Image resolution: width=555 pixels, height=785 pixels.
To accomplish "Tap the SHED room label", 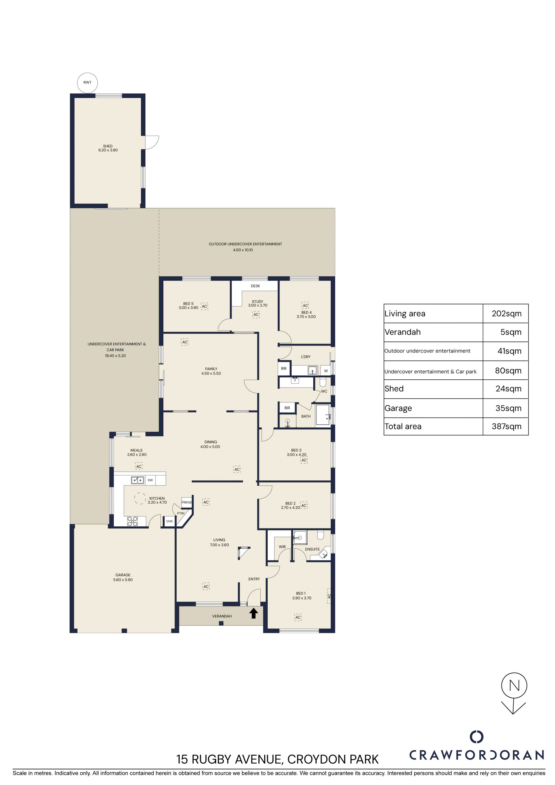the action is coord(108,146).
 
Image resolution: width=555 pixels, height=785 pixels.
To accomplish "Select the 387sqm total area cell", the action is coord(506,426).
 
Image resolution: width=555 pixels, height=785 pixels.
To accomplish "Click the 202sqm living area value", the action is coord(506,313).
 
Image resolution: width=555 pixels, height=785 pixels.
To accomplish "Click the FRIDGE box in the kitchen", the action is coord(186,502).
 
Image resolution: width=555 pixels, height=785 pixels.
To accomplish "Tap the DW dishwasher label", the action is coord(150,480).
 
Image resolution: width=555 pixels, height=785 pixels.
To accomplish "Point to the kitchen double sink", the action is coord(138,480).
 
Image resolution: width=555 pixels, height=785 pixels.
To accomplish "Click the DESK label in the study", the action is coord(255,286).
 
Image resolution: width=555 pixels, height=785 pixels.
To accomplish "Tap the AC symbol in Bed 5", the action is coord(204,306).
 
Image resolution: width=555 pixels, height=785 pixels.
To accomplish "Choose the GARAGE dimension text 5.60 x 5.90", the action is coord(123,580).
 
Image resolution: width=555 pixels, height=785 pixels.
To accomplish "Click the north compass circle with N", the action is coord(514,686).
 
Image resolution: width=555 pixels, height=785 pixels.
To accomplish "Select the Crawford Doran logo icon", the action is coord(476,737).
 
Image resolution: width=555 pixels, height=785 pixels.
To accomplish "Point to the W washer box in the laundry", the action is coord(326,371).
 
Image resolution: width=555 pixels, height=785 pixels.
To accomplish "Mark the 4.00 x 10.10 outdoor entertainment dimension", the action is coord(243,250).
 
